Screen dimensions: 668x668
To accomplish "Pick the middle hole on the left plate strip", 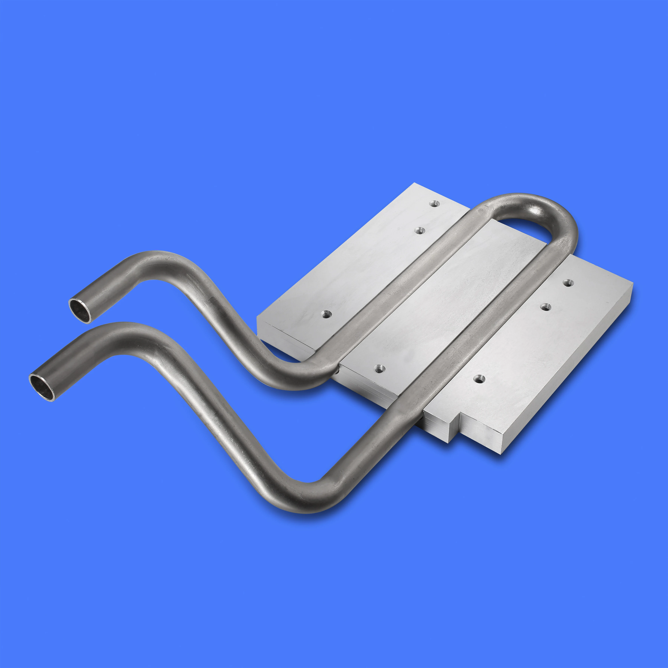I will pos(419,231).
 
